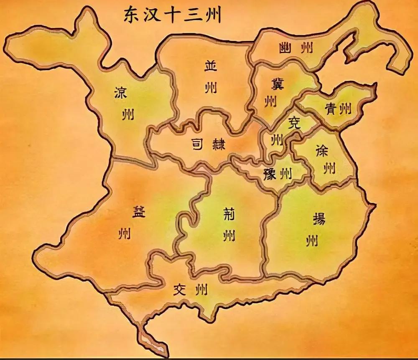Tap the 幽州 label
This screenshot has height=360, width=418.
[x=296, y=48]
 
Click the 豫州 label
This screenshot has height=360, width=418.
[x=278, y=173]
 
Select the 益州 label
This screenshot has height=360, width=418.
[x=125, y=221]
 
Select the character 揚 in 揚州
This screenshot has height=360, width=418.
[x=318, y=218]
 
